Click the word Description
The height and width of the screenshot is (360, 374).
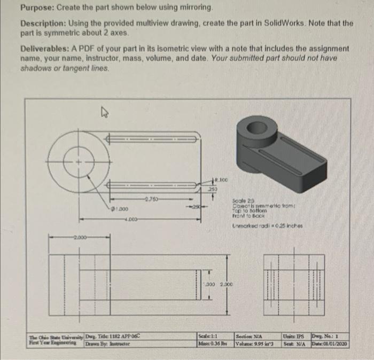[42, 24]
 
